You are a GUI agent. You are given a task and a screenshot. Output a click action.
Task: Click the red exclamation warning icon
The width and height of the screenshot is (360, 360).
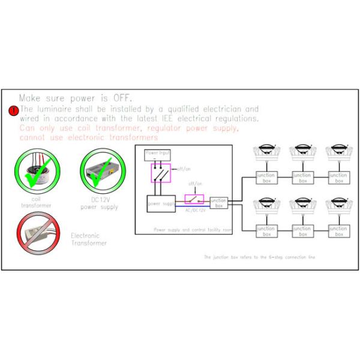tap(13, 111)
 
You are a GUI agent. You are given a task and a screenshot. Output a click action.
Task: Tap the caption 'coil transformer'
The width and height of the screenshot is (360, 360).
tap(37, 202)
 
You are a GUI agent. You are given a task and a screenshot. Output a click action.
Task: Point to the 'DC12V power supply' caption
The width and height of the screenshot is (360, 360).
tap(100, 204)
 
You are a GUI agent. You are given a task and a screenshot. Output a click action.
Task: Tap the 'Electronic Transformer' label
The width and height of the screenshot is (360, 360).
tap(89, 239)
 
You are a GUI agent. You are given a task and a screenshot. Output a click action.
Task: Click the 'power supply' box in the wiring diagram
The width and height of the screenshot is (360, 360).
tap(161, 203)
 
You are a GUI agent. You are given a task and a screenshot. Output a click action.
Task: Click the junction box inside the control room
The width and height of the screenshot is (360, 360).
tap(219, 203)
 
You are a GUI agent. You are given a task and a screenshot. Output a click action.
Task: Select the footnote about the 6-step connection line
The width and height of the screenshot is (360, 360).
tap(259, 257)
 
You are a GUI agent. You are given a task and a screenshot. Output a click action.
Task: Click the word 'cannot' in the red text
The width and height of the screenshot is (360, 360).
tap(31, 137)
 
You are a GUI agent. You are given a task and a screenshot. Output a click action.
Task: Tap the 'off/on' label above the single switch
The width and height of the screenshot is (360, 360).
tap(194, 184)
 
